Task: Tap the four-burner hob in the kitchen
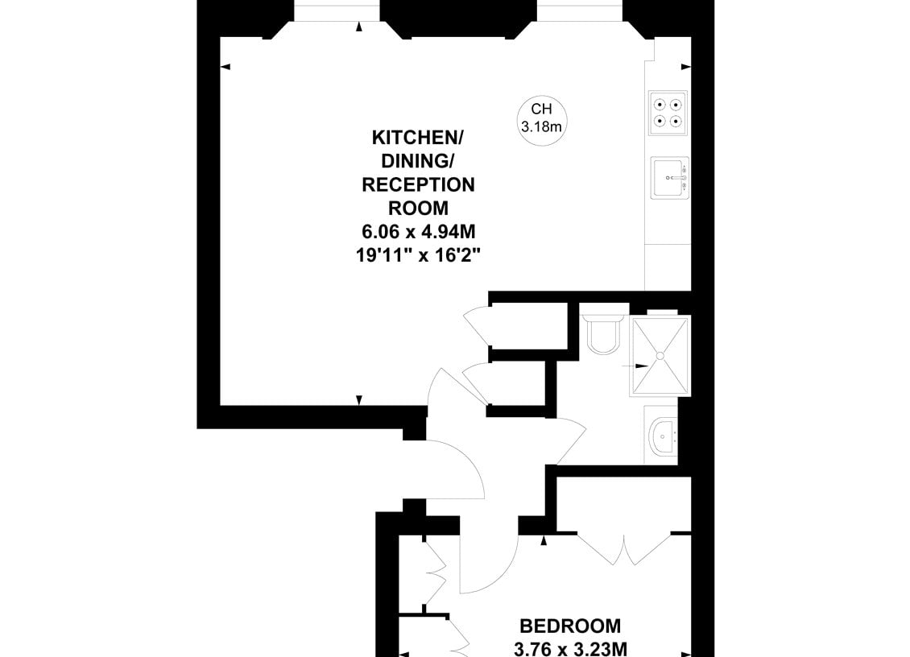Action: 668,113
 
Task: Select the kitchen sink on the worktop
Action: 670,178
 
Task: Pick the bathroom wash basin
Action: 662,436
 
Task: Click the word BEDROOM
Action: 570,626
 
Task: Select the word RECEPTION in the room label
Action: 418,184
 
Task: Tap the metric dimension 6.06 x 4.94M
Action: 419,232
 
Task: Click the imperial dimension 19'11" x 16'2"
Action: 419,254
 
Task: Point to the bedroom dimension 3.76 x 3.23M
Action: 570,649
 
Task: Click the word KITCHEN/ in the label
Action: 418,138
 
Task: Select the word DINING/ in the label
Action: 418,161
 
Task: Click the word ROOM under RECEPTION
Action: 418,208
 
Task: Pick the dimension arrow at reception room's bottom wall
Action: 358,400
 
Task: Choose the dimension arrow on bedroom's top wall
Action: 544,541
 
